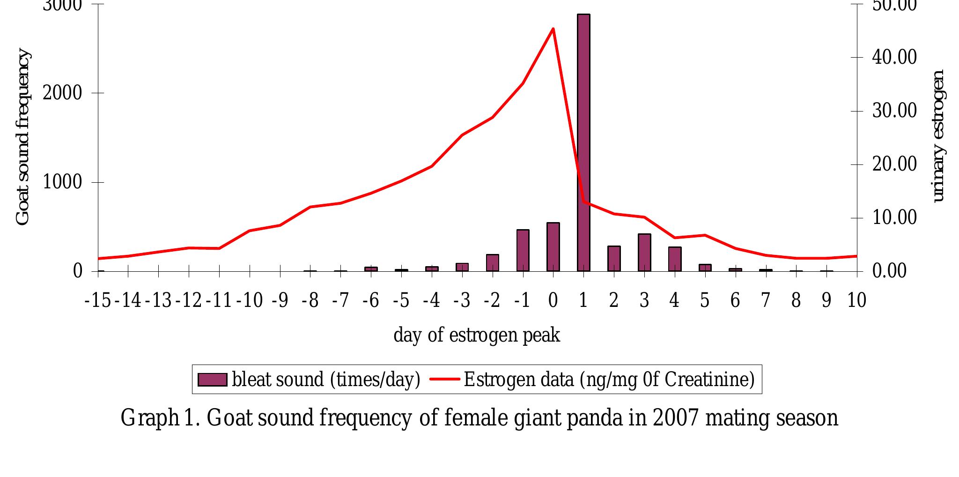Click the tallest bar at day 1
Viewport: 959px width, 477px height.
583,143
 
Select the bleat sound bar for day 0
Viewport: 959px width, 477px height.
553,247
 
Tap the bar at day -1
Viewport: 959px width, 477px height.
523,251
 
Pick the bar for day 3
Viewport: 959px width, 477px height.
644,253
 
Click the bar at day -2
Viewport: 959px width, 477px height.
492,263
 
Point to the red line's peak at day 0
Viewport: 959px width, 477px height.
553,29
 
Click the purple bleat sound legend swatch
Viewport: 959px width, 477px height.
212,380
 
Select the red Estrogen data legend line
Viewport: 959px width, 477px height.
445,379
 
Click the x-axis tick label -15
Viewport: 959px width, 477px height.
98,300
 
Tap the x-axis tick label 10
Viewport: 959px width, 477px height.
856,300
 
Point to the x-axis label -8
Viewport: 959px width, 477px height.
310,300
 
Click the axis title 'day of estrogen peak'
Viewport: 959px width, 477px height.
477,335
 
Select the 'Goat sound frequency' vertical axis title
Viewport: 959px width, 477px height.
22,137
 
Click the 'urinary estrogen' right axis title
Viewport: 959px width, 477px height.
938,136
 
